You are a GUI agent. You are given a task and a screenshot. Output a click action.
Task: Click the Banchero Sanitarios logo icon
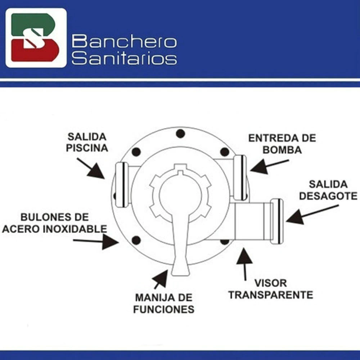tap(36, 38)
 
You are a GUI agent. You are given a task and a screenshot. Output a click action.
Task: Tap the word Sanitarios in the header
tap(124, 58)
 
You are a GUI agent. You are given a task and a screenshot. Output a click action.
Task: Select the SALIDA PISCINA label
tap(87, 143)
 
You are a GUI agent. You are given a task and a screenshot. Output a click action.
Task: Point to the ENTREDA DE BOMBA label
tap(282, 144)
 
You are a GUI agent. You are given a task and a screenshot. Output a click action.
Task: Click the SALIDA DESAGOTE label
tap(328, 190)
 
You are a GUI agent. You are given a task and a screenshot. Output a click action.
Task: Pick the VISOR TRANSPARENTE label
tap(271, 289)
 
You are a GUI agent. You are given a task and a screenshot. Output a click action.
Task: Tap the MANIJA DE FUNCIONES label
tap(164, 303)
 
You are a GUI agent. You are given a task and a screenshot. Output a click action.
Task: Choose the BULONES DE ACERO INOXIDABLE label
tap(54, 223)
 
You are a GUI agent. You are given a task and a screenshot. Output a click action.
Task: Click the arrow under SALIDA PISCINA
tap(91, 168)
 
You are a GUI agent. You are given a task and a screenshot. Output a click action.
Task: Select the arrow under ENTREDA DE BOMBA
tap(269, 166)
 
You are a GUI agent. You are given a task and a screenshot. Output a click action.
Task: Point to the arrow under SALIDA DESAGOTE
tap(312, 214)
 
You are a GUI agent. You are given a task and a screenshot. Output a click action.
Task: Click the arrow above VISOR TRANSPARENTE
tap(245, 264)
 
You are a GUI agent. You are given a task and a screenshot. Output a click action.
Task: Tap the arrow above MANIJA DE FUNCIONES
tap(160, 279)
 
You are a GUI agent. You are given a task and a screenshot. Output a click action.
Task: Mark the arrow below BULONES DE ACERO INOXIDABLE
tap(96, 241)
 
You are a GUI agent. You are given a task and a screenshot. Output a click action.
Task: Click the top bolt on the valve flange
tap(180, 134)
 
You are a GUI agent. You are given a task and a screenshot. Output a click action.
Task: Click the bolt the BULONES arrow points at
tap(136, 240)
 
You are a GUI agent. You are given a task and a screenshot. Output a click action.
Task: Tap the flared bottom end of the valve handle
tap(180, 269)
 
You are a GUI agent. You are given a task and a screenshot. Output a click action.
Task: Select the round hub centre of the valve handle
tap(181, 195)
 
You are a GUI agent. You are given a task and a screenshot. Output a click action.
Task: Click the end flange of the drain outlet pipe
tap(277, 221)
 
